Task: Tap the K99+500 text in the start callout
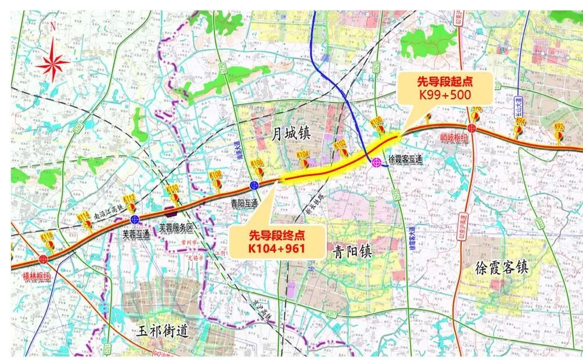click(444, 95)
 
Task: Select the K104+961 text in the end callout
click(277, 248)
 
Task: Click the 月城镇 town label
click(291, 134)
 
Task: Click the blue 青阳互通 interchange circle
click(254, 185)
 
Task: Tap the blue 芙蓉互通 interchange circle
click(135, 219)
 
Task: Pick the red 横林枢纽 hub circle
click(43, 259)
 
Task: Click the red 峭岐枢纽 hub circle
click(472, 128)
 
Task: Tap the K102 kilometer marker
click(340, 146)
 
